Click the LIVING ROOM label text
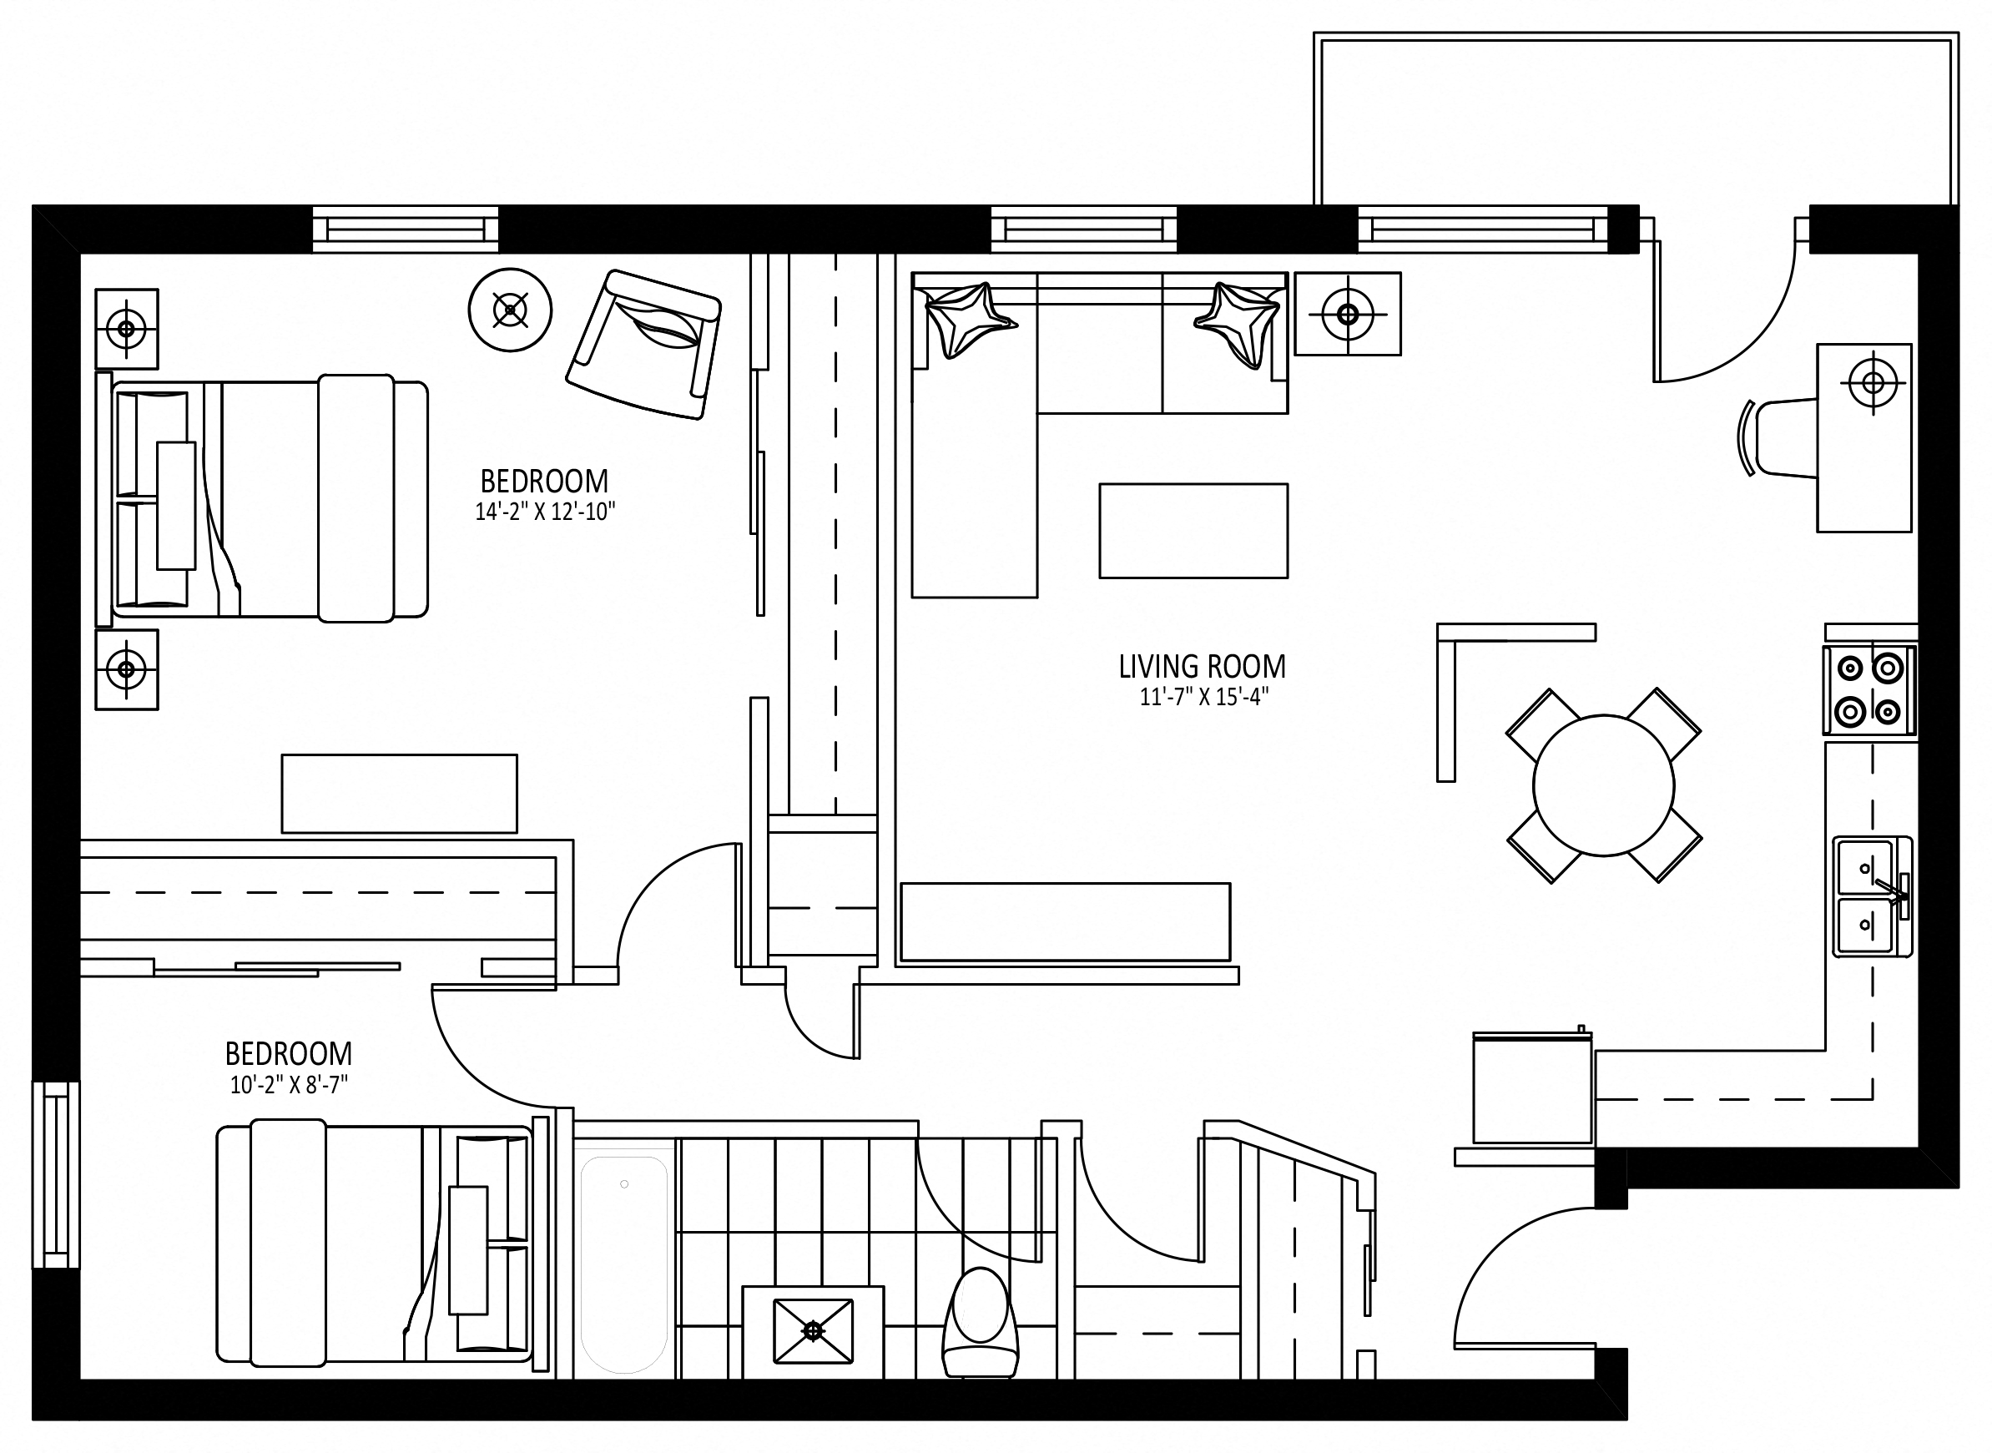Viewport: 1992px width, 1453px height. click(x=1202, y=667)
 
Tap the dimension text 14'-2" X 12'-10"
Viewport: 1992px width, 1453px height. click(x=544, y=512)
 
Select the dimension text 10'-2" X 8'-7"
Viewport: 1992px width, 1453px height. click(x=289, y=1085)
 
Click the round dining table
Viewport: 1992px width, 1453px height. click(x=1602, y=785)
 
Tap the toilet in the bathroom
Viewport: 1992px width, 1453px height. click(x=980, y=1324)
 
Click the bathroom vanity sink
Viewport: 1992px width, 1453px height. click(x=813, y=1332)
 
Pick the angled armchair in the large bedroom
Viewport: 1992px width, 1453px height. click(x=644, y=344)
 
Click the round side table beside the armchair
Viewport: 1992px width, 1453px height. click(x=510, y=310)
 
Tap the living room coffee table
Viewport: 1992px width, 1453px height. click(x=1193, y=530)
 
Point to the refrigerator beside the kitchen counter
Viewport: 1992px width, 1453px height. click(x=1531, y=1089)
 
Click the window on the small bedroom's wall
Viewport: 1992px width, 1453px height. click(x=55, y=1174)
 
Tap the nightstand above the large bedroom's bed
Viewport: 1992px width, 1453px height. click(x=127, y=329)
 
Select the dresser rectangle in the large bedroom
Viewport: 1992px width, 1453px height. click(x=398, y=794)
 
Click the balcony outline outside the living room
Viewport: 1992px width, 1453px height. click(x=1635, y=119)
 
